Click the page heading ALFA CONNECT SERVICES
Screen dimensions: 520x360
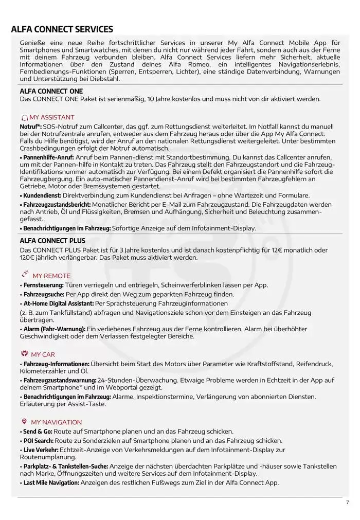click(62, 29)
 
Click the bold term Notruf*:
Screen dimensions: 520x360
click(30, 126)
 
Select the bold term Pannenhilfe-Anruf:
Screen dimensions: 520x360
click(47, 157)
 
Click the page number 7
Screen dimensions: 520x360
click(347, 503)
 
